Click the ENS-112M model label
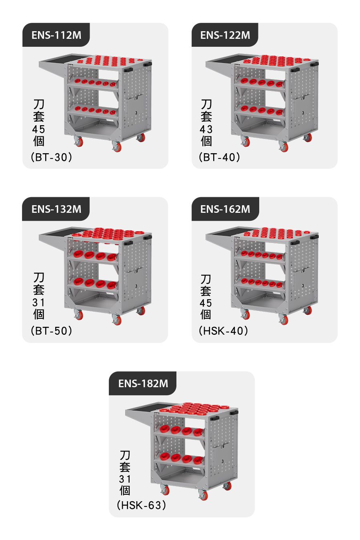[56, 35]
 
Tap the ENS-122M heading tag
[225, 35]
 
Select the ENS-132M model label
[56, 209]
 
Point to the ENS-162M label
[225, 209]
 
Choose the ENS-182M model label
[143, 383]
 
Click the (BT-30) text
[51, 157]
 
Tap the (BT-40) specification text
[220, 157]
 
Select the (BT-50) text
[51, 331]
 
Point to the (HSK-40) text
[223, 331]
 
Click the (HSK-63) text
[141, 505]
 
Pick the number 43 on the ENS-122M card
[206, 130]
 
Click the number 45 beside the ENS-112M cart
[38, 130]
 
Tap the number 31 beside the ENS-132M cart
[38, 302]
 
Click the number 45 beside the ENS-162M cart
[206, 303]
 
